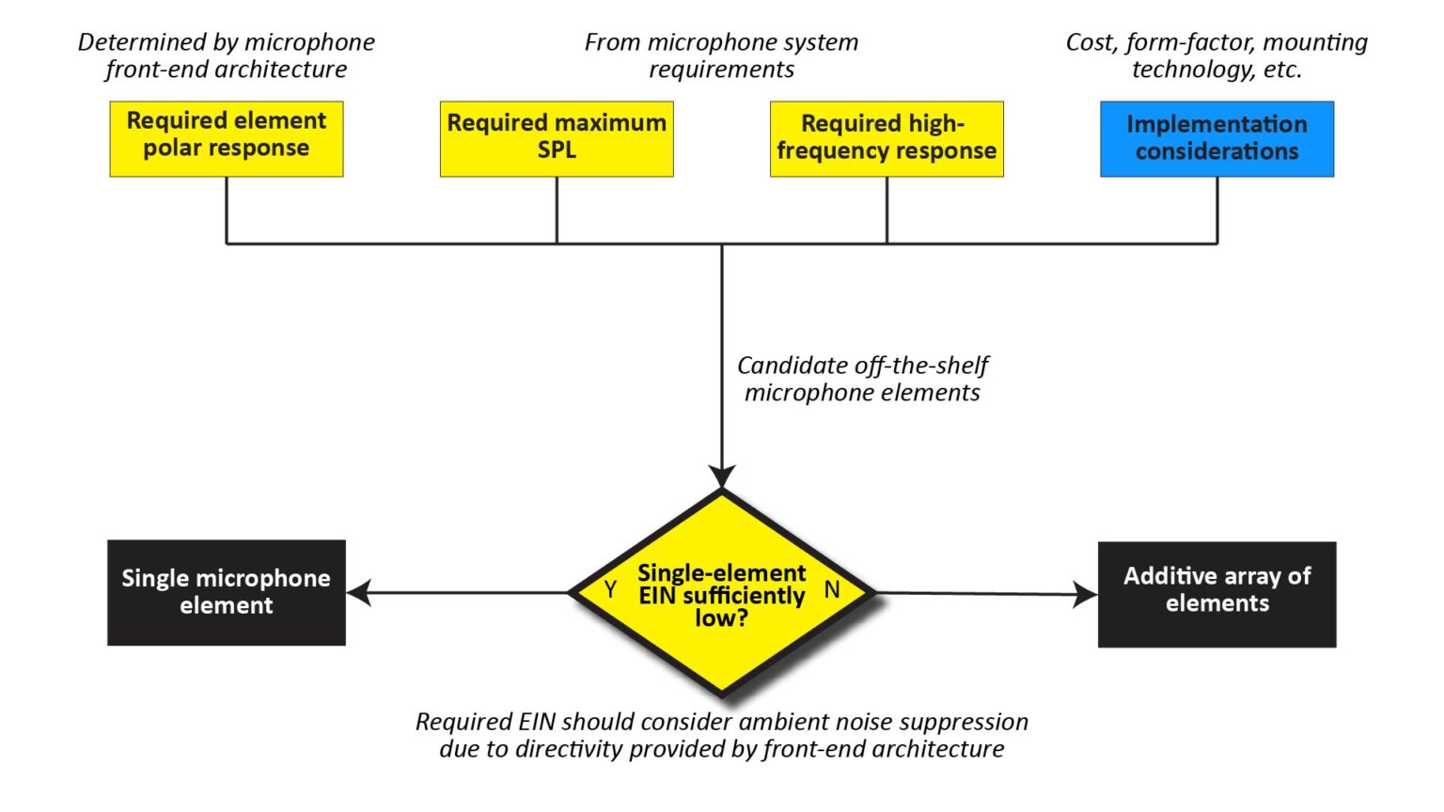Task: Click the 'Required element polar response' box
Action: [226, 138]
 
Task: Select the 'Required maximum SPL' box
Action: [557, 138]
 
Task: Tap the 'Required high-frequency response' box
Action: [887, 138]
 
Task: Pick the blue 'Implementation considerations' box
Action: [1216, 138]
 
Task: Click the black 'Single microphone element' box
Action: [226, 592]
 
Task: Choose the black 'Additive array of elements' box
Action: [1216, 594]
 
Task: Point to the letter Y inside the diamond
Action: [610, 590]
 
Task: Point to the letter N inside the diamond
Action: [832, 590]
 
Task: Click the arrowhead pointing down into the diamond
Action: [722, 476]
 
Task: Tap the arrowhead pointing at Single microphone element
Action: [359, 592]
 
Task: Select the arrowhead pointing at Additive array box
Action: [1085, 594]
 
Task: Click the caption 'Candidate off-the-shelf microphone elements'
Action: [862, 379]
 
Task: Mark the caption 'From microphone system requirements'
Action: [721, 55]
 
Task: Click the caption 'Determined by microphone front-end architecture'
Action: [226, 55]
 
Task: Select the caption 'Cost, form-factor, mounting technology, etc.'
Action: [1216, 55]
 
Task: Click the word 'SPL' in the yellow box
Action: [557, 150]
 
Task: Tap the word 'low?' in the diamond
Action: [721, 618]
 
